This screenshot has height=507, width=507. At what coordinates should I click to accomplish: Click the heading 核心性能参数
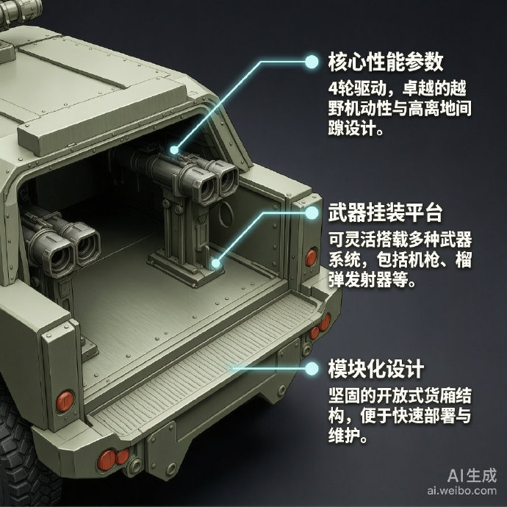click(x=386, y=62)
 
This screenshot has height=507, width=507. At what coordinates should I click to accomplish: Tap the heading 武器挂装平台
click(x=386, y=213)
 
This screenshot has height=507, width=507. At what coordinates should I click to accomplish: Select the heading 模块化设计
click(x=376, y=369)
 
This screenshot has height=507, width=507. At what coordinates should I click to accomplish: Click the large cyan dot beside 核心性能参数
click(x=312, y=62)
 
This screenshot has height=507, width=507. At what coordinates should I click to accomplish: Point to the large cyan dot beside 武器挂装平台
click(x=312, y=213)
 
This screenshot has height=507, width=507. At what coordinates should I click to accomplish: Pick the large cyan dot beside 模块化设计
click(x=312, y=368)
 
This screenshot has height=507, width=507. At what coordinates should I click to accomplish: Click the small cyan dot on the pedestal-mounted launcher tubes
click(x=174, y=150)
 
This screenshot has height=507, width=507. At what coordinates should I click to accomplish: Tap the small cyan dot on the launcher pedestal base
click(x=216, y=264)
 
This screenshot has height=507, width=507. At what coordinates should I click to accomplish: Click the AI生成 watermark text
click(x=472, y=475)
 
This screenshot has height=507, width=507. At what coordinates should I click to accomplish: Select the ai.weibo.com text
click(x=461, y=491)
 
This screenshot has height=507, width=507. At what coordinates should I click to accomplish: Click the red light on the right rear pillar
click(x=311, y=256)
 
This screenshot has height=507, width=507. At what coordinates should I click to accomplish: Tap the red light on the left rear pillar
click(x=65, y=401)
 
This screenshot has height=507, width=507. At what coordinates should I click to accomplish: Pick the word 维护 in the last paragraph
click(x=344, y=435)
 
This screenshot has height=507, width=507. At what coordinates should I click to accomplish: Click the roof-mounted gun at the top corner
click(x=20, y=12)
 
